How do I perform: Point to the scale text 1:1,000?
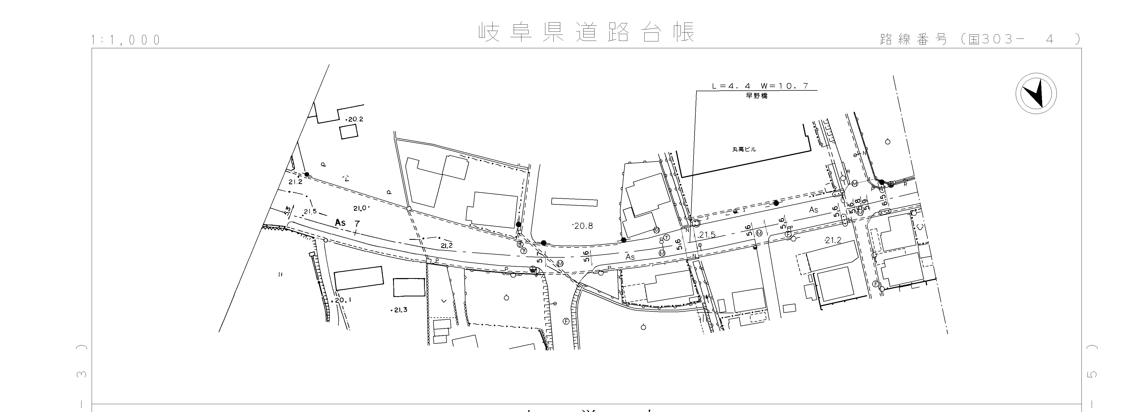pos(126,40)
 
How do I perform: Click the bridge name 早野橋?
pos(756,96)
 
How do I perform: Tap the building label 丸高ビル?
pos(744,149)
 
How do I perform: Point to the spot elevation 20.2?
pos(355,119)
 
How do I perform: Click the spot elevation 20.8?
pos(583,226)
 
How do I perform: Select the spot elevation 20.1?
pos(343,300)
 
